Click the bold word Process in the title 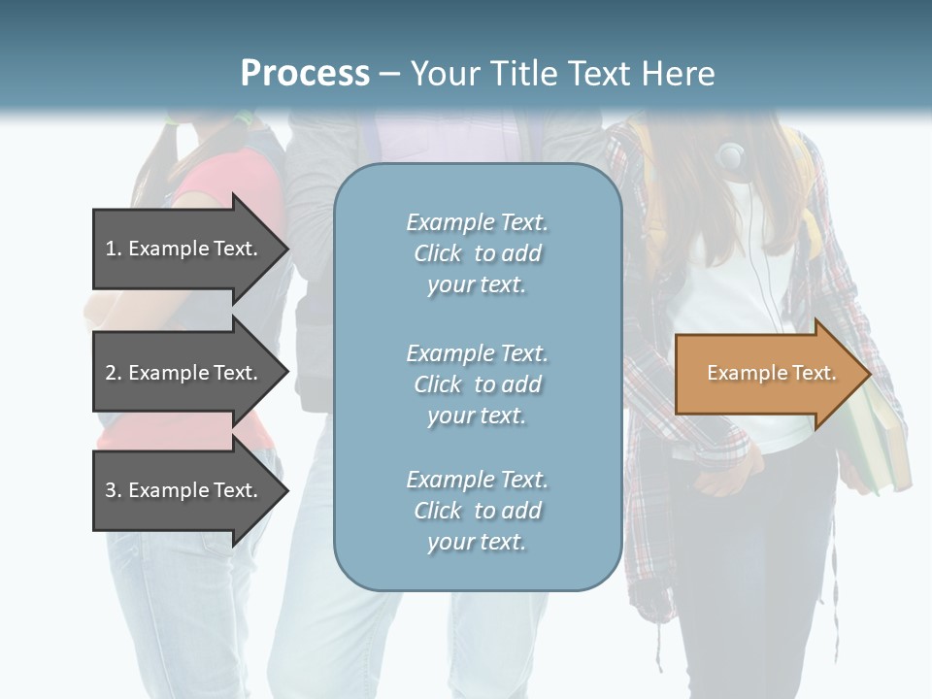[x=305, y=74]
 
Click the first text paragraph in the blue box [x=477, y=253]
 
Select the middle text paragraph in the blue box [x=477, y=384]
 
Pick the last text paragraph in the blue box [x=477, y=511]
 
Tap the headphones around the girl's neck [x=730, y=155]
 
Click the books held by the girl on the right [x=879, y=447]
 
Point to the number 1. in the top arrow [x=114, y=249]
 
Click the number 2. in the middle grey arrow [x=114, y=373]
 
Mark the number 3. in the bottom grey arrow [x=114, y=490]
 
